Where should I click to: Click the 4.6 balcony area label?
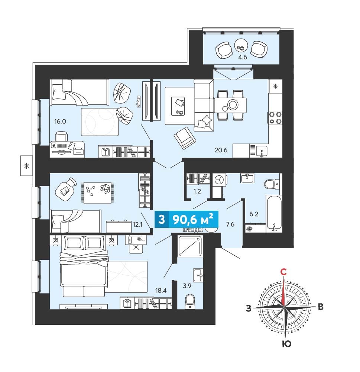(x=243, y=57)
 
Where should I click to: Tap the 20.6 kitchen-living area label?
(x=221, y=150)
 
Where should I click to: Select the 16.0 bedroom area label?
(x=60, y=122)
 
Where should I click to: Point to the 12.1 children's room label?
(x=137, y=224)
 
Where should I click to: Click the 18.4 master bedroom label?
(x=161, y=290)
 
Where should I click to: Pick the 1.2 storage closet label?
(x=197, y=191)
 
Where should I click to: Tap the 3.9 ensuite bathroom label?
(x=187, y=286)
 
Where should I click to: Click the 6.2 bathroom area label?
(x=253, y=214)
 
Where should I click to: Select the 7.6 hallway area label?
(x=230, y=224)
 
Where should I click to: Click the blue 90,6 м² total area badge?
(x=186, y=220)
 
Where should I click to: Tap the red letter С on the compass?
(x=283, y=272)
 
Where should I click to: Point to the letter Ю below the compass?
(x=287, y=344)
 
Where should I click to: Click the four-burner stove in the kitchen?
(x=275, y=118)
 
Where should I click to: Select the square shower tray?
(x=190, y=246)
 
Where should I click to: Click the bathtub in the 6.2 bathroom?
(x=274, y=214)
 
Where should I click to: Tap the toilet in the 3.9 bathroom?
(x=190, y=301)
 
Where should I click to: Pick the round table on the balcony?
(x=241, y=45)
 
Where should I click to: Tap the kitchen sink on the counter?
(x=261, y=151)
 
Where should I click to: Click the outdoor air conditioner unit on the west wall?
(x=26, y=166)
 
